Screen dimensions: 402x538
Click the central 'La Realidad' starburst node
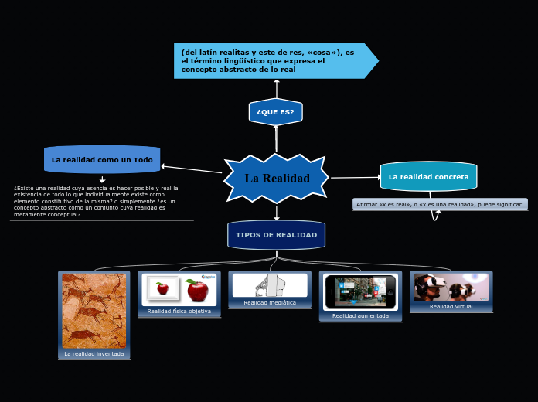click(x=276, y=179)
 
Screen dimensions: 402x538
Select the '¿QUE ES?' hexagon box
click(x=276, y=112)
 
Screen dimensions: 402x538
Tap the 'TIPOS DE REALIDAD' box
click(x=276, y=235)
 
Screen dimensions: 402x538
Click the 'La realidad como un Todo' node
click(x=102, y=160)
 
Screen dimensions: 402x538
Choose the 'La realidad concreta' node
click(x=428, y=177)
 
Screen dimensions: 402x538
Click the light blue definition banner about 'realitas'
click(x=271, y=61)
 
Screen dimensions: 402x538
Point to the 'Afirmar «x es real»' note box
click(x=440, y=204)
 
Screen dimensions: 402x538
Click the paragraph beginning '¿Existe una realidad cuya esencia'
click(x=97, y=201)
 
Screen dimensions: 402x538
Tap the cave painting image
click(x=94, y=310)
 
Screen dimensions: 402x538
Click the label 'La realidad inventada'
click(x=94, y=353)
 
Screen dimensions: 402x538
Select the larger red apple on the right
click(x=197, y=291)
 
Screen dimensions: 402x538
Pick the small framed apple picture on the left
click(x=162, y=288)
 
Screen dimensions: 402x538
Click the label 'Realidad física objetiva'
click(x=179, y=311)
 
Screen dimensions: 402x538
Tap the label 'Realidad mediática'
click(x=270, y=302)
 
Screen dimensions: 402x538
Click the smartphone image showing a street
click(x=360, y=291)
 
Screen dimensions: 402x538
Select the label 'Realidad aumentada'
click(x=360, y=315)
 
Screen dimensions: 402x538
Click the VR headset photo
click(x=451, y=287)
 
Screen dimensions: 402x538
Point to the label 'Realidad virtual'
click(x=451, y=306)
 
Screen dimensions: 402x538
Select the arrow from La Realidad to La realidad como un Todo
click(x=192, y=169)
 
